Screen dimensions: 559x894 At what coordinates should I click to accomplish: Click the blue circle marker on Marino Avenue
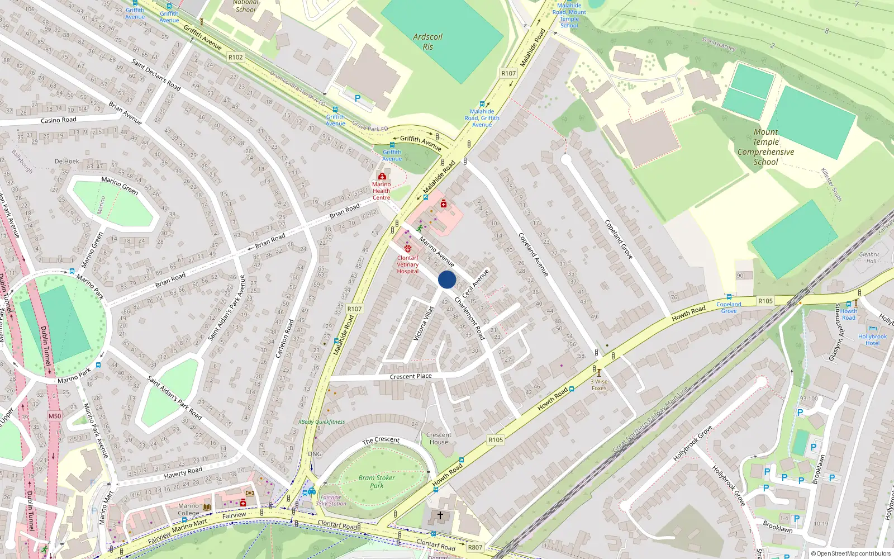tap(447, 279)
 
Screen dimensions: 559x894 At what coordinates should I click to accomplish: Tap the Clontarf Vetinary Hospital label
tap(408, 264)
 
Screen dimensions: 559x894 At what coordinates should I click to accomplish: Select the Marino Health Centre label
tap(382, 191)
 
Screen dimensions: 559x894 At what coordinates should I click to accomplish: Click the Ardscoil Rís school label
tap(427, 42)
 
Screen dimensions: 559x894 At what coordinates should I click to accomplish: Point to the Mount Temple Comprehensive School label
tap(765, 147)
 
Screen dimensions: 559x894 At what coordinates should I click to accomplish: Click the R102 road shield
tap(236, 57)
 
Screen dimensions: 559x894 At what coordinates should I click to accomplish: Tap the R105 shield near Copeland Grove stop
tap(765, 301)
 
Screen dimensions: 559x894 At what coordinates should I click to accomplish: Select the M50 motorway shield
tap(55, 416)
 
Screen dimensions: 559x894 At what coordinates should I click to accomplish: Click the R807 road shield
tap(475, 547)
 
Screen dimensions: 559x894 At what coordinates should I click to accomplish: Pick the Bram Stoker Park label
tap(377, 482)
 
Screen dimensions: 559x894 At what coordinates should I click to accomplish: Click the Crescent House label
tap(439, 438)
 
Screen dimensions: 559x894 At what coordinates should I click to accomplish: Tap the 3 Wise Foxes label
tap(599, 385)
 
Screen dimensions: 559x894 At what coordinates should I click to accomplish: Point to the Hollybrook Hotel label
tap(872, 339)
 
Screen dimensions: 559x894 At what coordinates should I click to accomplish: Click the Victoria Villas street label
tap(424, 324)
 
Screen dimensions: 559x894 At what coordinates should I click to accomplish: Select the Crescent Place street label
tap(411, 376)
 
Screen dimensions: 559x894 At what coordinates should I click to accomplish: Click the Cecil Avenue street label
tap(475, 283)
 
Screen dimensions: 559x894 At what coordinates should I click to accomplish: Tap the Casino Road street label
tap(59, 120)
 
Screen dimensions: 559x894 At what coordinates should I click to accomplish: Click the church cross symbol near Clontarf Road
tap(440, 515)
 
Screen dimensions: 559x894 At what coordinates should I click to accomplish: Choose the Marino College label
tap(188, 509)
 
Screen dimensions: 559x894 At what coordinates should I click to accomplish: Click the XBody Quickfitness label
tap(322, 422)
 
